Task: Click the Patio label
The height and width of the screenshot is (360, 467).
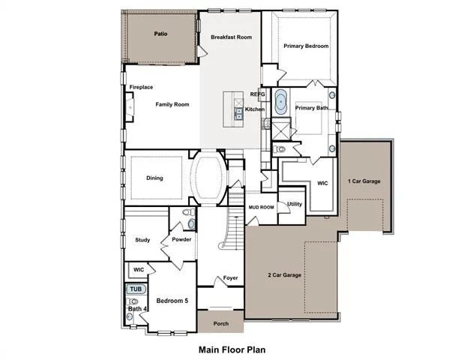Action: click(x=160, y=34)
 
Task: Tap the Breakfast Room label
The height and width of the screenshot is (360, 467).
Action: click(x=231, y=37)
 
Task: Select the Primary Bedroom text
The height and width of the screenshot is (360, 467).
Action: click(x=306, y=46)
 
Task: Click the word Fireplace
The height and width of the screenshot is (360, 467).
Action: click(x=141, y=87)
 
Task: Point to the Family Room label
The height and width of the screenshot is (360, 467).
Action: click(x=172, y=104)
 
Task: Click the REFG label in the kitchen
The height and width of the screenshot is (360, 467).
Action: click(x=257, y=94)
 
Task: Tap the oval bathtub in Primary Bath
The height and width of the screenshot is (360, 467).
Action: click(x=281, y=102)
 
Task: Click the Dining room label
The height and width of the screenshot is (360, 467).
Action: click(x=154, y=178)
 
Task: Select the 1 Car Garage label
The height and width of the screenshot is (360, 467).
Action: click(x=364, y=181)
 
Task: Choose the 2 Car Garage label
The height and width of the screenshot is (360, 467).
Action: click(x=284, y=275)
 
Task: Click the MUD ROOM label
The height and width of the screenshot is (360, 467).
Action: click(x=261, y=207)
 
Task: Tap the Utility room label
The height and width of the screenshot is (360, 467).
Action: click(x=295, y=204)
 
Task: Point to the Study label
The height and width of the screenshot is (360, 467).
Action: click(x=142, y=240)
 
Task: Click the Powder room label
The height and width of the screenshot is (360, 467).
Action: click(x=181, y=239)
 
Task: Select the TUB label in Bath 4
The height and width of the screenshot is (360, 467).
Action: click(x=136, y=289)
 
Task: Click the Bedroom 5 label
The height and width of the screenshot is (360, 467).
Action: click(x=172, y=301)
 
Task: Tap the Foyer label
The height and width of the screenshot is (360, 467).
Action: click(x=230, y=277)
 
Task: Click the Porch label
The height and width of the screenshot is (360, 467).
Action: click(x=221, y=323)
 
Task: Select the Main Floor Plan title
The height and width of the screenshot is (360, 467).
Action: click(x=232, y=349)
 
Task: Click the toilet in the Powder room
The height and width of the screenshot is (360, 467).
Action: click(x=188, y=212)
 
